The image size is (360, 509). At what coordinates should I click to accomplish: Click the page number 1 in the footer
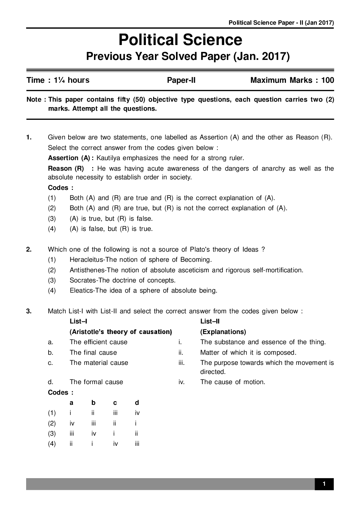(324, 484)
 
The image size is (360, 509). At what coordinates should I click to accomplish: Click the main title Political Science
(180, 40)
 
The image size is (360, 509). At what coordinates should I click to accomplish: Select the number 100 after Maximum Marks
(327, 80)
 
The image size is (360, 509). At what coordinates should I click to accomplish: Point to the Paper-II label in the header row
(181, 80)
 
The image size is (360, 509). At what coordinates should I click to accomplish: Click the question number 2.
(29, 249)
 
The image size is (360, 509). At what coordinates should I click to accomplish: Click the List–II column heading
(210, 321)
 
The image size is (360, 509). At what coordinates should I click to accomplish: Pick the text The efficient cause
(98, 342)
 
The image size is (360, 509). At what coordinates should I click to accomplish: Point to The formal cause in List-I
(96, 382)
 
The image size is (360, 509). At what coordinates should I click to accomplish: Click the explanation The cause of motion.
(233, 382)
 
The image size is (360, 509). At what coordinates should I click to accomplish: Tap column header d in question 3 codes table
(137, 403)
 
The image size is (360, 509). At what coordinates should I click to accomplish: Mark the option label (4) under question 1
(52, 229)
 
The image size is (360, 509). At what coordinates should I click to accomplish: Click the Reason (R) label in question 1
(66, 168)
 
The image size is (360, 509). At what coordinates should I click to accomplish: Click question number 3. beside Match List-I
(29, 311)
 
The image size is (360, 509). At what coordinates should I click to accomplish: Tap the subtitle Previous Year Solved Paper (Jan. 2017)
(188, 57)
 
